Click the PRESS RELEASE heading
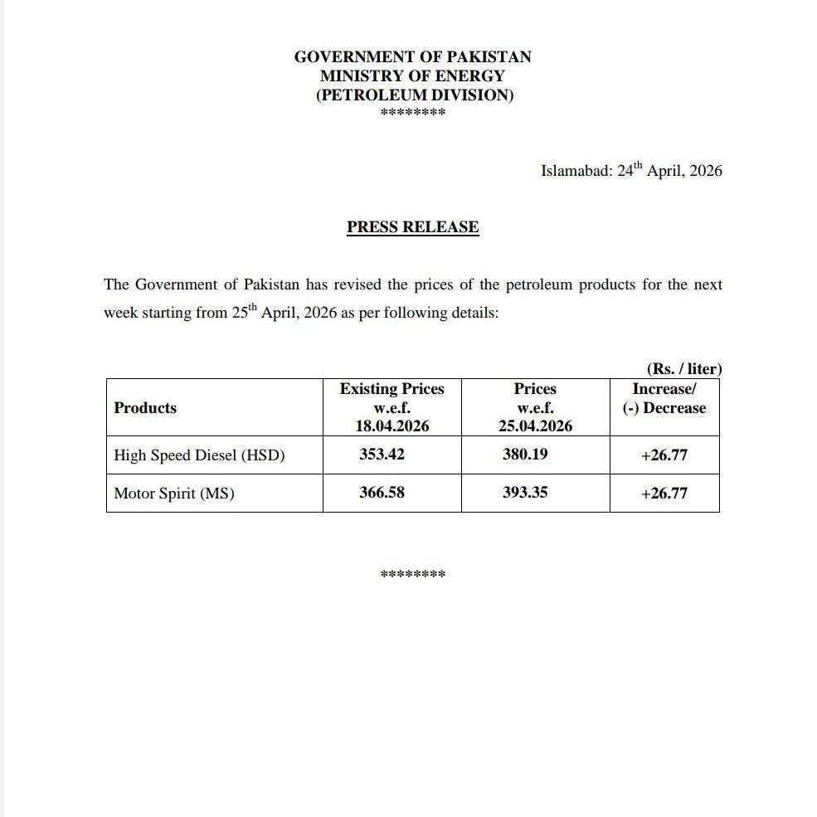[412, 227]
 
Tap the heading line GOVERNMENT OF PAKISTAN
[412, 57]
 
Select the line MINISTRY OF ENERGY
[412, 76]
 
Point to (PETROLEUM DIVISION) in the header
[415, 95]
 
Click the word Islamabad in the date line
[576, 172]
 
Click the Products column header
[145, 408]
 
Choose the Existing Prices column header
[391, 390]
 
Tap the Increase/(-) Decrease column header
[664, 399]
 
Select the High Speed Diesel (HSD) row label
[199, 455]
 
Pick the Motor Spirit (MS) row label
[174, 494]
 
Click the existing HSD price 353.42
[382, 455]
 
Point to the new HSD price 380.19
[524, 455]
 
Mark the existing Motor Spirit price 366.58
[382, 493]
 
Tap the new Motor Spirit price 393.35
[524, 493]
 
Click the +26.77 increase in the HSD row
[664, 455]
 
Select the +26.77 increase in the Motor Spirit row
[664, 494]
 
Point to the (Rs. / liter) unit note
[683, 369]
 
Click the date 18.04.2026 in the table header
[391, 427]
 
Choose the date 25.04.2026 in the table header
[535, 427]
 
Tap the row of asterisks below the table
[412, 574]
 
